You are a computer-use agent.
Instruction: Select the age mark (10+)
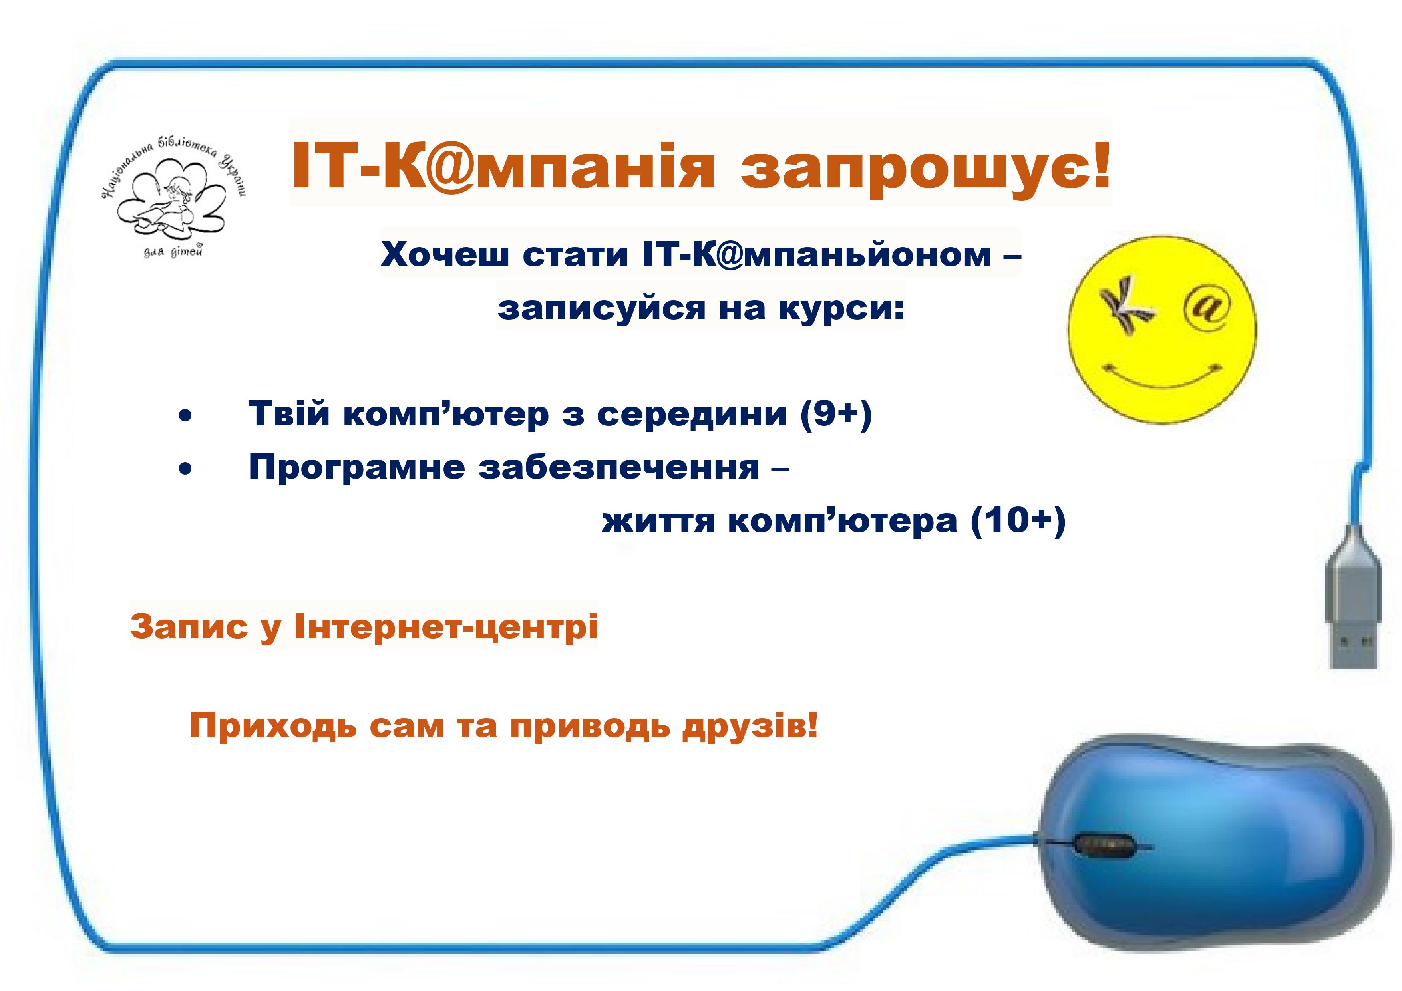coord(1018,521)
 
